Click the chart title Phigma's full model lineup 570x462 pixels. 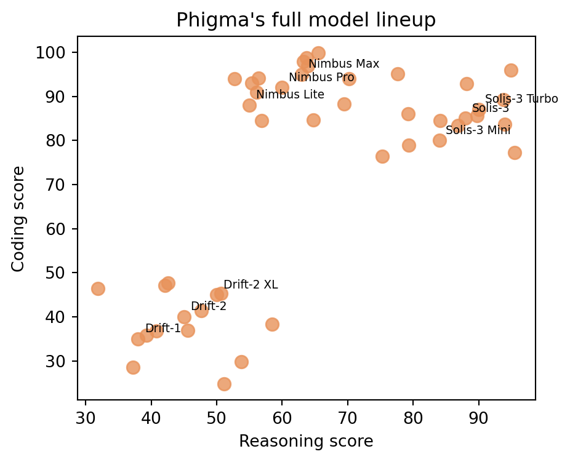pos(306,20)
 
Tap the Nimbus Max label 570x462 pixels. pos(344,64)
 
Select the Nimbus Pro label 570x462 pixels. pos(321,78)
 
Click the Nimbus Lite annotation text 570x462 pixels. pos(290,95)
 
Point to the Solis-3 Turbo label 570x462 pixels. pos(521,99)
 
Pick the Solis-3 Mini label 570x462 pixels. pos(478,130)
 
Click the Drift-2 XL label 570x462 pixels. pos(251,285)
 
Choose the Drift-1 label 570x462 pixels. pos(163,329)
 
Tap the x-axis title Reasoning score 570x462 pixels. pos(306,441)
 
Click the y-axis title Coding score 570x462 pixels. pos(18,219)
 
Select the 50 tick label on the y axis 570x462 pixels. pos(55,273)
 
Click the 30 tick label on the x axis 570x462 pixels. pos(86,418)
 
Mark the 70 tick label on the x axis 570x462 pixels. pos(348,418)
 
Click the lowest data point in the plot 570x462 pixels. pos(224,384)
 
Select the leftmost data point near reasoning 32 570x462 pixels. pos(98,289)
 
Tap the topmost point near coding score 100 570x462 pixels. pos(318,53)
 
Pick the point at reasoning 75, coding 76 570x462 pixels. pos(382,156)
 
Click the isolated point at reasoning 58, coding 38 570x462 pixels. pos(272,324)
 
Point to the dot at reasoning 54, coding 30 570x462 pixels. pos(241,362)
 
